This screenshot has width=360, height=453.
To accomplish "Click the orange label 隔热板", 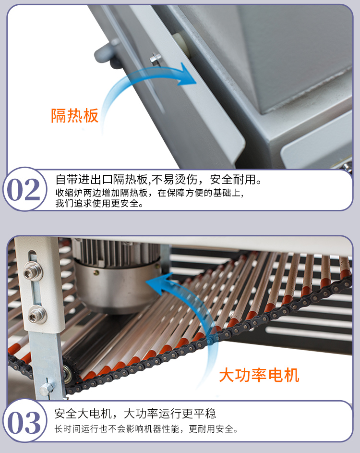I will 75,116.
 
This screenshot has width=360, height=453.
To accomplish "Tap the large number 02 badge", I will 24,190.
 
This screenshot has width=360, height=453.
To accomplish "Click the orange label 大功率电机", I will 259,375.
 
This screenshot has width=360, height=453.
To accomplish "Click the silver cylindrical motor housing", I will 118,283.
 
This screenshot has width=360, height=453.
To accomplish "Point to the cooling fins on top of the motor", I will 115,250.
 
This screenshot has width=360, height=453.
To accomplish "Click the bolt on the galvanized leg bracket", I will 47,388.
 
